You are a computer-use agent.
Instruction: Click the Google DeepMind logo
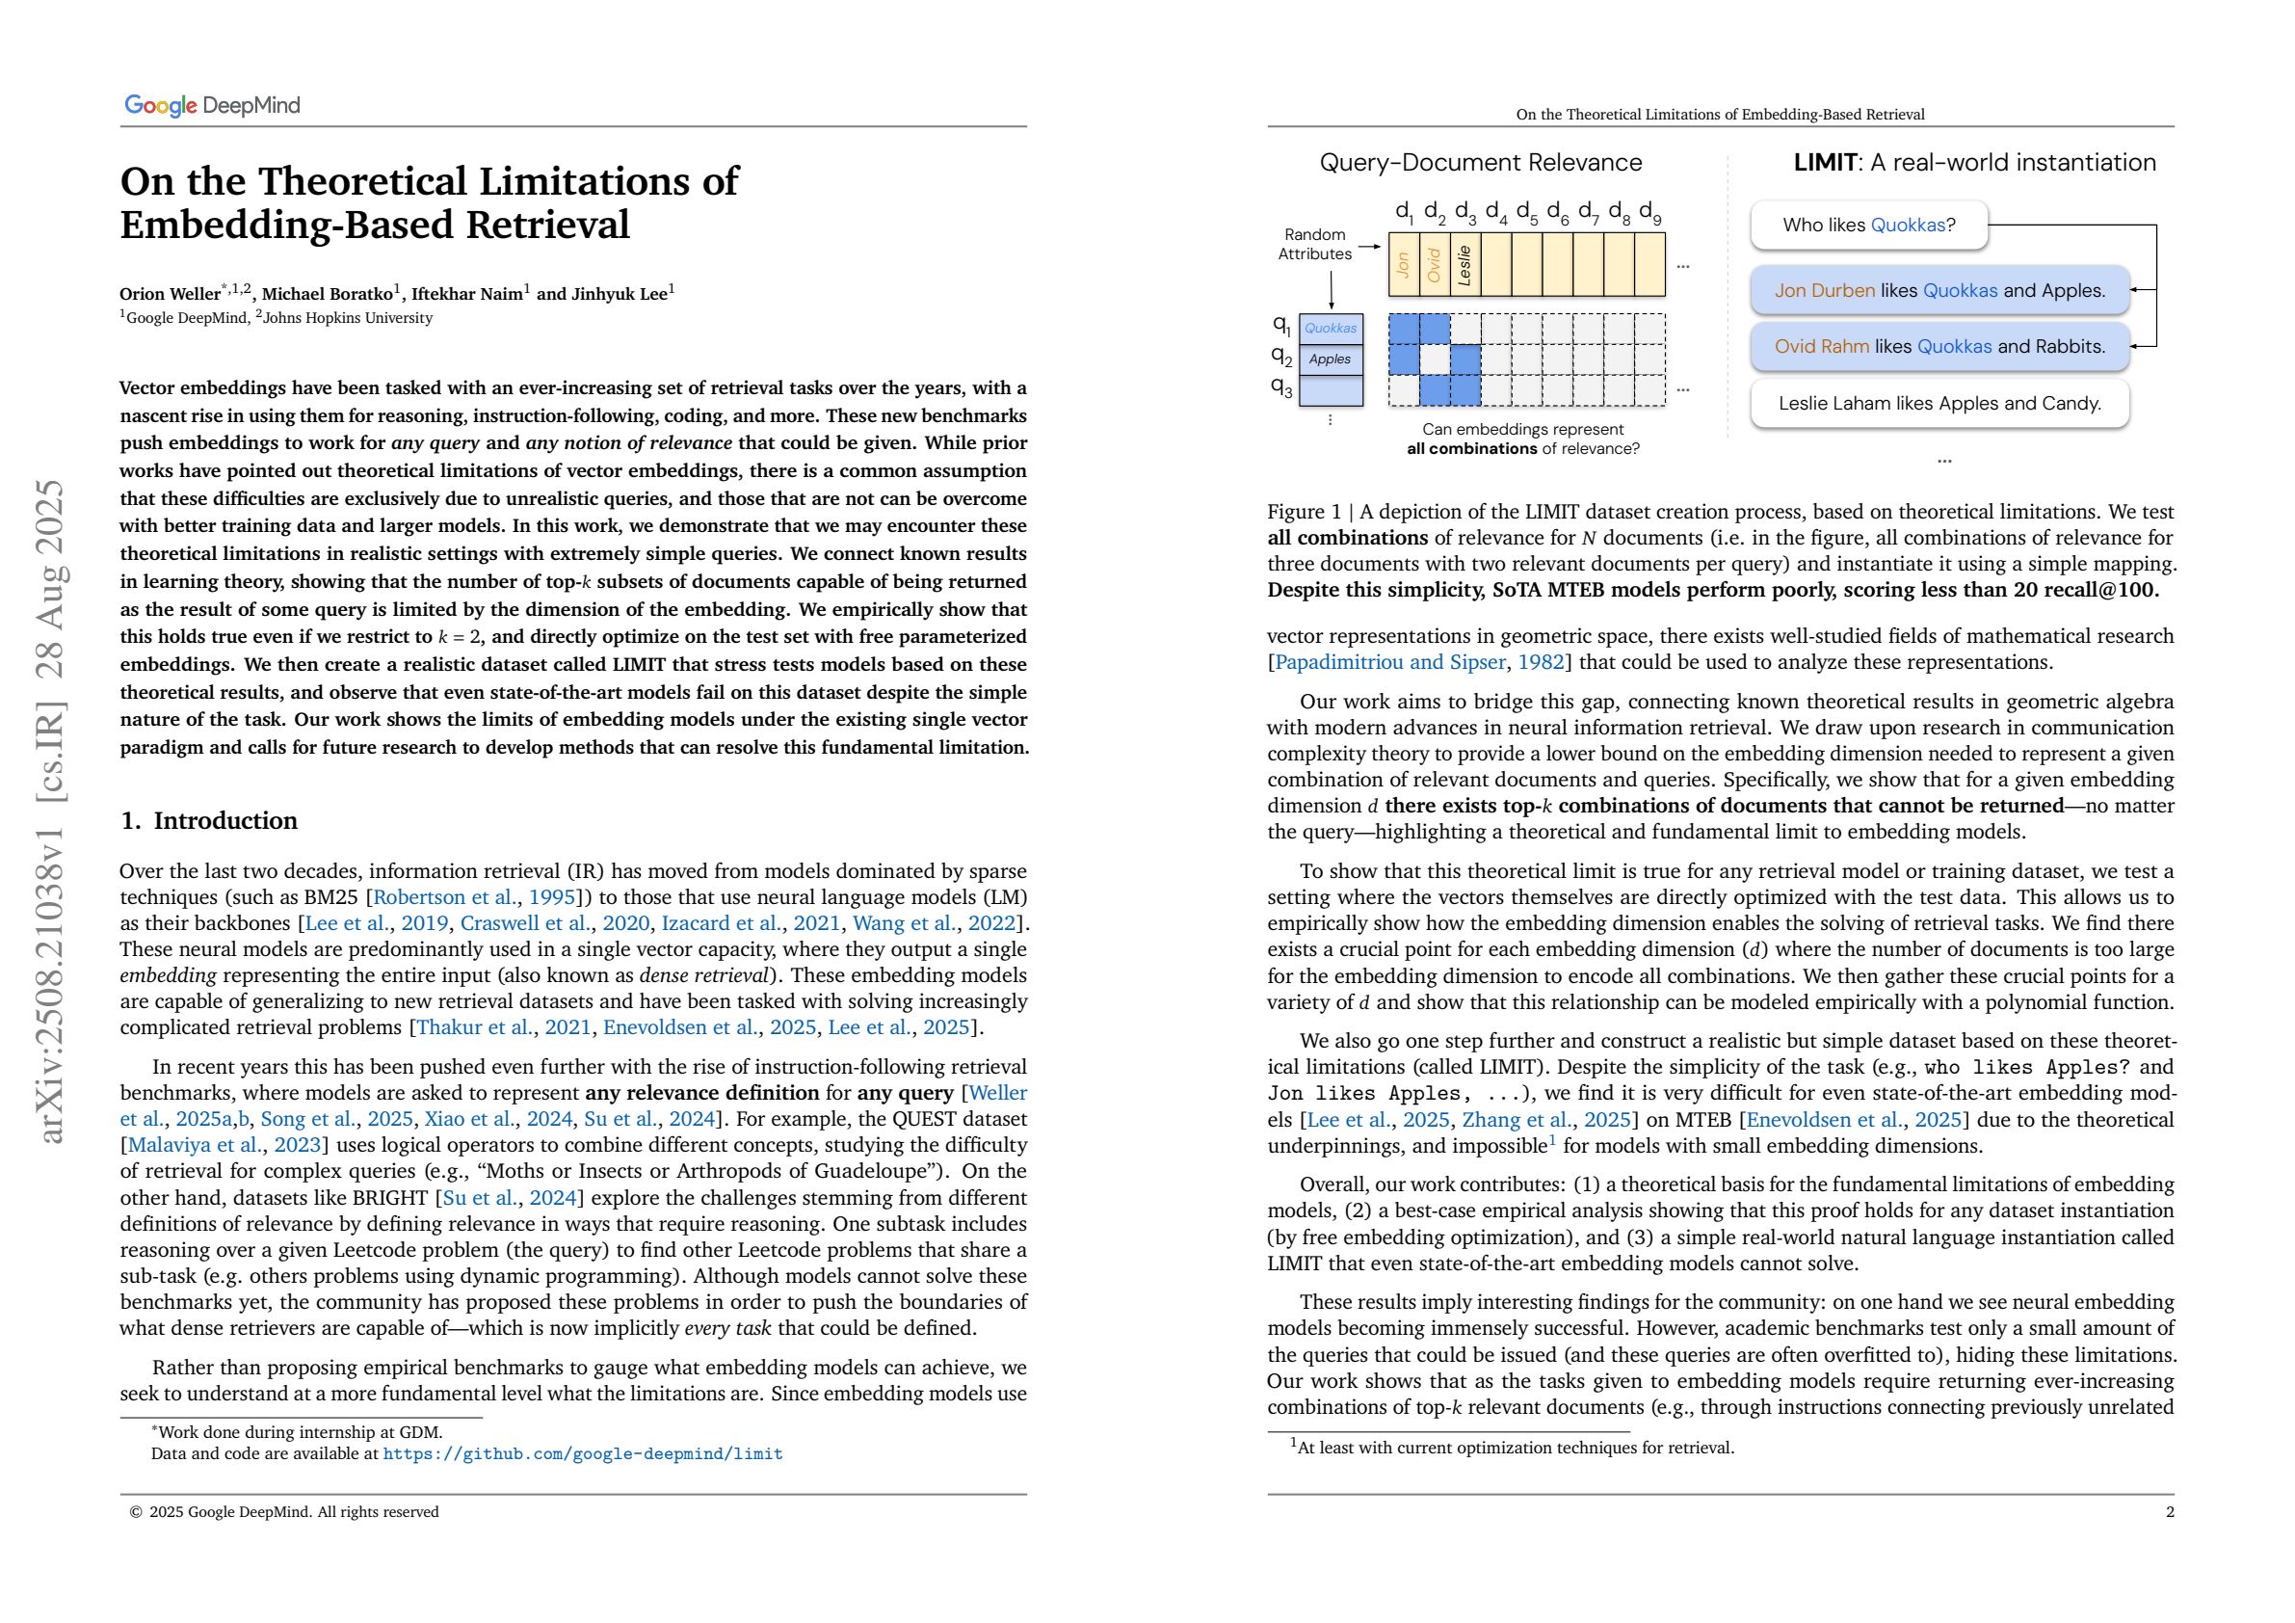212,105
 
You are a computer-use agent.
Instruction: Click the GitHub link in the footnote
582,1454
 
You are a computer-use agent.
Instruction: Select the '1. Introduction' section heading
209,821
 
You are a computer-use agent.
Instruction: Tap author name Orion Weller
169,294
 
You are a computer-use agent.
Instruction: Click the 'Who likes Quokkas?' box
1868,225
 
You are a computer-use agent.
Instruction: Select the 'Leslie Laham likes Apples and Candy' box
1939,403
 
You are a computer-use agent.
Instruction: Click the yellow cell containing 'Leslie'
1464,265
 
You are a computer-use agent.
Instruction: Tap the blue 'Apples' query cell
1330,359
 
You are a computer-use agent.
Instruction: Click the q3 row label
1281,387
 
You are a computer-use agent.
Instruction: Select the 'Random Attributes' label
1314,244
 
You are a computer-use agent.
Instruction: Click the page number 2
2169,1512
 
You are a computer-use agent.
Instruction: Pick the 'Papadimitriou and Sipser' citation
1389,662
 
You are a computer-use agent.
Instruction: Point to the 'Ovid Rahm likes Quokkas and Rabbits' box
1939,347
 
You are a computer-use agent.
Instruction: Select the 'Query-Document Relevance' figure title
1480,163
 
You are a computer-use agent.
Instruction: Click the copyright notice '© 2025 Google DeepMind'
284,1512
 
